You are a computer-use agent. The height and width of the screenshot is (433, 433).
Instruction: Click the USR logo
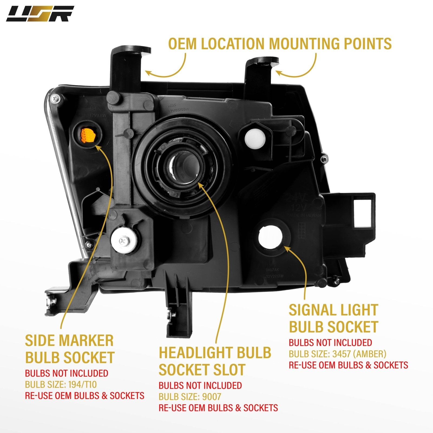click(40, 14)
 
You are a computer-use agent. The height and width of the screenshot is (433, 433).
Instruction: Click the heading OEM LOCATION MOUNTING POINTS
click(280, 44)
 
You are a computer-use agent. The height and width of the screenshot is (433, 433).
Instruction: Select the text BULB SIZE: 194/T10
click(61, 384)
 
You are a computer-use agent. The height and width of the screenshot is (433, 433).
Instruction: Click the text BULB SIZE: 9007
click(190, 397)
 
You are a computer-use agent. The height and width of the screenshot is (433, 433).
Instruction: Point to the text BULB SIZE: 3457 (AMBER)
click(337, 354)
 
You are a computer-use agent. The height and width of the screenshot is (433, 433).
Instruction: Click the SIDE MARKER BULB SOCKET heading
click(70, 349)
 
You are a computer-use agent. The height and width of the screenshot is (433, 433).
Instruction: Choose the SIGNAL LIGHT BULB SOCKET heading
click(333, 319)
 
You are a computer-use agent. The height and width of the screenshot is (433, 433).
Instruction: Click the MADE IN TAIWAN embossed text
click(304, 215)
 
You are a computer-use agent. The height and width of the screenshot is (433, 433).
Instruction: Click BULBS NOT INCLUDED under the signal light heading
click(330, 342)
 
